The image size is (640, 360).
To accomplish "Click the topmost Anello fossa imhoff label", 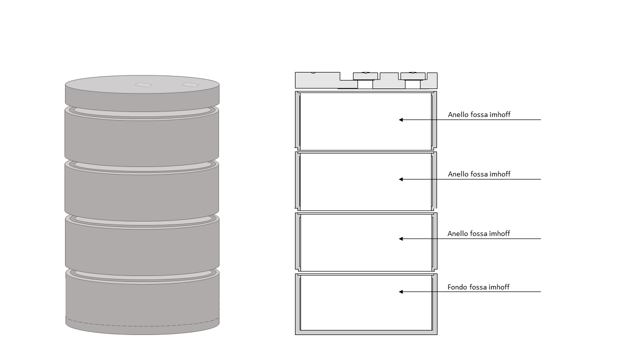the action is (479, 114).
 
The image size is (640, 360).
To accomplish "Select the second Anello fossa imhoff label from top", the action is (479, 174).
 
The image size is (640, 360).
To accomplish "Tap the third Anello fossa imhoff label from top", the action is (478, 233).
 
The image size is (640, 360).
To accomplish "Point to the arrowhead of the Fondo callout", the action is (401, 291).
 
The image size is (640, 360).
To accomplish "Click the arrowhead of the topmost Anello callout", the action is (401, 119).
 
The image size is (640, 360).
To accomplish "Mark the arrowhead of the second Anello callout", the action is (401, 179).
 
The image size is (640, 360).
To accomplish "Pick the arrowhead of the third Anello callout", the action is (401, 238).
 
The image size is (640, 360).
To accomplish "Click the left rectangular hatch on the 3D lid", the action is (143, 84).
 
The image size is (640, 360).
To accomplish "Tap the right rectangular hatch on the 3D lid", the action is (190, 84).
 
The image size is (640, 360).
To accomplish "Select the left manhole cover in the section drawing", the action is (365, 76).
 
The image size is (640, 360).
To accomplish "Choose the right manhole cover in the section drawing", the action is (413, 76).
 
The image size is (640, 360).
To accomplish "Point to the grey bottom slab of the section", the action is (366, 332).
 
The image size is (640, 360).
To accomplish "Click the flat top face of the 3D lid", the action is (142, 84).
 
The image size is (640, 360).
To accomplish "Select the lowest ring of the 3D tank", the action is (142, 301).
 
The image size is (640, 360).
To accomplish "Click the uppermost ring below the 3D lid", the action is (141, 135).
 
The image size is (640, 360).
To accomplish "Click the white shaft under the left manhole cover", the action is (365, 84).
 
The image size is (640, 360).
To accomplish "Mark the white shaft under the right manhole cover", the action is (412, 84).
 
